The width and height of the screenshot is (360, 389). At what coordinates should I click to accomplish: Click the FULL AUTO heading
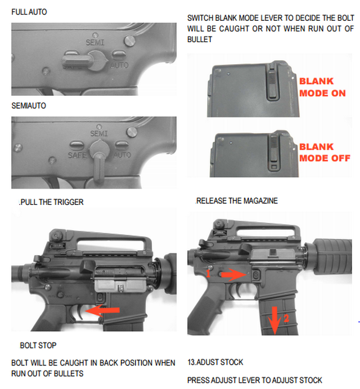[29, 12]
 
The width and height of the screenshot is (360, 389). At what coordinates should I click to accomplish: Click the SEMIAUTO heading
[29, 106]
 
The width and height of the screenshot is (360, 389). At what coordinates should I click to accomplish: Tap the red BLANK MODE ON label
[322, 87]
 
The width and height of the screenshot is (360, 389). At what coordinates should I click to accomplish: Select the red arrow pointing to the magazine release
[231, 275]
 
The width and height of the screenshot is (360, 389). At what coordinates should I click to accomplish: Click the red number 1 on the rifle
[208, 274]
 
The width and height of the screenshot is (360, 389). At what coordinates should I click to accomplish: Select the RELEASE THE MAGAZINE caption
[236, 201]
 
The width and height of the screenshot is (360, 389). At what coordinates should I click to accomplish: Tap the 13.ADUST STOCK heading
[215, 362]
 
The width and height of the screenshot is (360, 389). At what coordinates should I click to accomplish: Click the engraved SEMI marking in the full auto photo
[95, 42]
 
